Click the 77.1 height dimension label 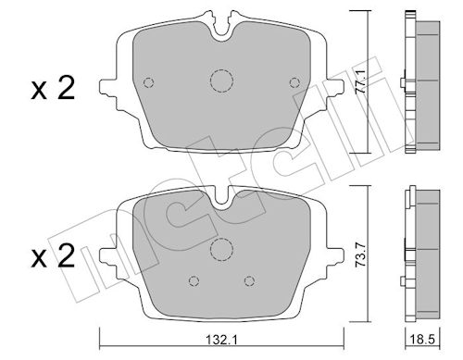360,81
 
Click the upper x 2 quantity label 53,89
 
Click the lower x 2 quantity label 53,256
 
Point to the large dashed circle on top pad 221,81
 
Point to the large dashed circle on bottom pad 221,250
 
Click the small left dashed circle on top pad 149,82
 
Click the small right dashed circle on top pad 294,82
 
